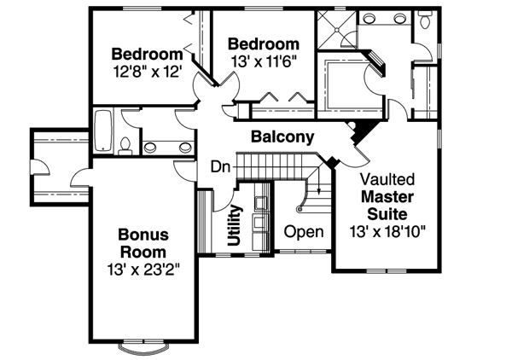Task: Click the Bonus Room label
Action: [143, 243]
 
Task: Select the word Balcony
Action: [282, 136]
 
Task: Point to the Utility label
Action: [236, 224]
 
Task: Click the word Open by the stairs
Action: [304, 231]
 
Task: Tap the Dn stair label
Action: [220, 166]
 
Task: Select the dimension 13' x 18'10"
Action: [387, 230]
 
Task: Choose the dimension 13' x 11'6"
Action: [264, 61]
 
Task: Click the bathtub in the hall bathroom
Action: [102, 131]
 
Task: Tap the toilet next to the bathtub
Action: [125, 146]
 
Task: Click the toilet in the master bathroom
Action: [424, 21]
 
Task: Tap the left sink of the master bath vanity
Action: [369, 20]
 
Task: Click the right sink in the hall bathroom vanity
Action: [180, 146]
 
